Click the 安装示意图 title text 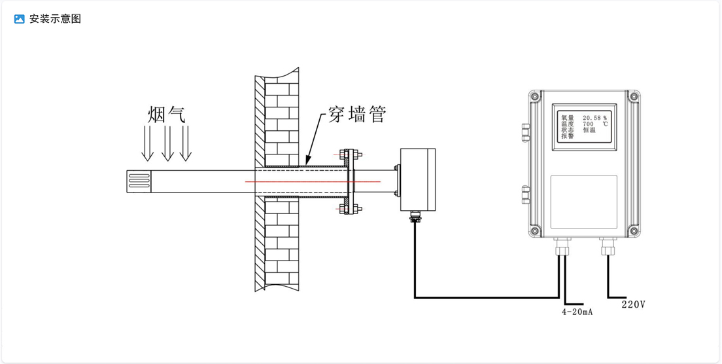(x=55, y=19)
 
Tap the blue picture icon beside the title (x=20, y=19)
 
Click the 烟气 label (x=167, y=115)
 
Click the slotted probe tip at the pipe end (x=138, y=180)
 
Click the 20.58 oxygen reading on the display (x=591, y=118)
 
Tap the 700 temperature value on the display (x=588, y=124)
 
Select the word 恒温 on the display (x=589, y=130)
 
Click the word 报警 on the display (x=567, y=136)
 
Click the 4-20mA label (x=577, y=312)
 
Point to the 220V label (x=633, y=304)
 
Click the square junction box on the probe (x=418, y=179)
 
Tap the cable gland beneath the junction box (x=414, y=216)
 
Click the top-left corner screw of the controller (x=535, y=97)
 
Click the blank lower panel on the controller (x=584, y=202)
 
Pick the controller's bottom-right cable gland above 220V (x=608, y=247)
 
